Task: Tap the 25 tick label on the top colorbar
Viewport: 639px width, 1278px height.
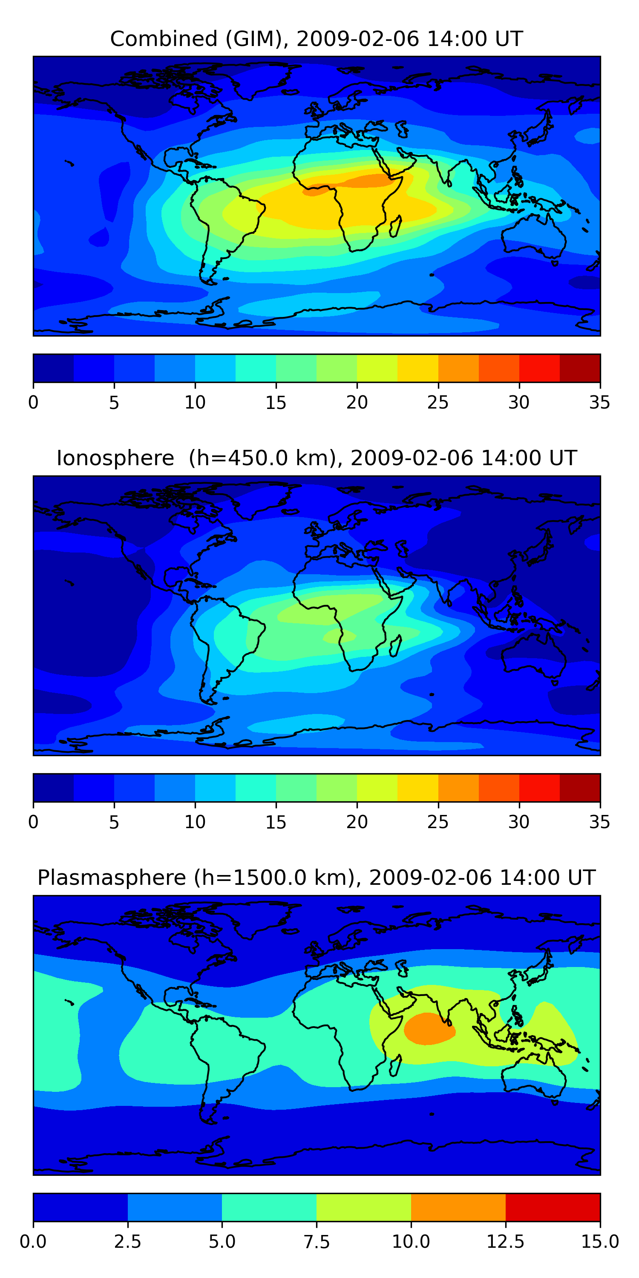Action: [438, 402]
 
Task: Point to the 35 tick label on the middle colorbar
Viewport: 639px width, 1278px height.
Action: [599, 822]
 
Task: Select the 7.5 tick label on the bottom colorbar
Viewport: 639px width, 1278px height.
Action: [317, 1242]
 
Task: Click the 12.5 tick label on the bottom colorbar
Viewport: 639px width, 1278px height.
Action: [506, 1242]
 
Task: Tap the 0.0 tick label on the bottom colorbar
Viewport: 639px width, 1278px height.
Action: [33, 1242]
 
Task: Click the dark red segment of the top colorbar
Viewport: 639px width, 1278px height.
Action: [579, 368]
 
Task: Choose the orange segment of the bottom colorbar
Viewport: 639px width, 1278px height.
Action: [458, 1207]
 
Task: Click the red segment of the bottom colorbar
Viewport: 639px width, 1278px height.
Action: [553, 1207]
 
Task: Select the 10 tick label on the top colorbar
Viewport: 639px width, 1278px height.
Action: [195, 402]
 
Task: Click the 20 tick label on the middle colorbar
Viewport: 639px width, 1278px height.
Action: [357, 822]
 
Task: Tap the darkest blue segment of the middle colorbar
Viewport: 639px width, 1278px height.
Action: [53, 787]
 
